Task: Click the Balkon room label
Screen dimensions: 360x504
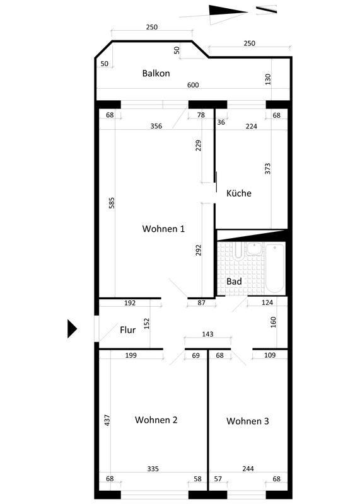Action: (156, 73)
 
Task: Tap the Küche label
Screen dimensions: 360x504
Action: (239, 193)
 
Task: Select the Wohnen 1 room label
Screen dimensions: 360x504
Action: (163, 229)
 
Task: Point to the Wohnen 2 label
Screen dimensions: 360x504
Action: (156, 420)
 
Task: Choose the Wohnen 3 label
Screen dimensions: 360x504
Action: (247, 421)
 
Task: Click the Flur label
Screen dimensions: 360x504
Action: (128, 330)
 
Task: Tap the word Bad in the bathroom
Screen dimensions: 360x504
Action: (234, 282)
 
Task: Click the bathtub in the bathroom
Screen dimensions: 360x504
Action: (274, 268)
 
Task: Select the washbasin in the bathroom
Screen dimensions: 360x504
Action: (255, 248)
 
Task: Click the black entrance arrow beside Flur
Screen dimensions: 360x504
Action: (72, 329)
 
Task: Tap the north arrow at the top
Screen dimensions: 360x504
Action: (227, 13)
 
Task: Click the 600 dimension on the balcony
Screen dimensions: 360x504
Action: (193, 85)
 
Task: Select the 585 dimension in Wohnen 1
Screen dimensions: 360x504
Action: (112, 203)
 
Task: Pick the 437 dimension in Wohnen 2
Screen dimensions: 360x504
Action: (107, 420)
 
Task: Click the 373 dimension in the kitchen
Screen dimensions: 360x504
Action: (268, 169)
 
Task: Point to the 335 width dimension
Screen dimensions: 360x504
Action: (153, 469)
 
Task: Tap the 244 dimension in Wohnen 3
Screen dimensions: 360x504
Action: (248, 469)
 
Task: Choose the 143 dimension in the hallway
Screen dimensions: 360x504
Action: (208, 335)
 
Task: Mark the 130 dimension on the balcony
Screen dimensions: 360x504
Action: (268, 79)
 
